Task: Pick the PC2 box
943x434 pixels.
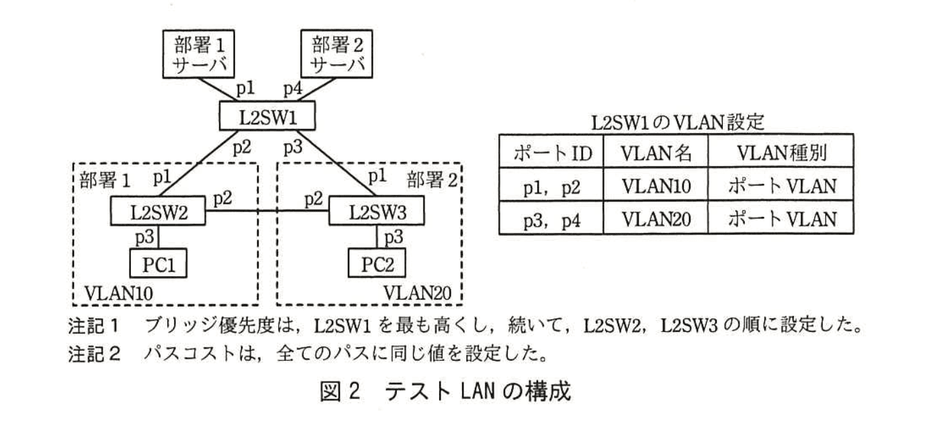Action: (376, 262)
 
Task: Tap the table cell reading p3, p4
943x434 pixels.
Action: (551, 218)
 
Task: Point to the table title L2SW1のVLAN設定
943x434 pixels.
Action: (675, 123)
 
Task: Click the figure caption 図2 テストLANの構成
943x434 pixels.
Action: (445, 391)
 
